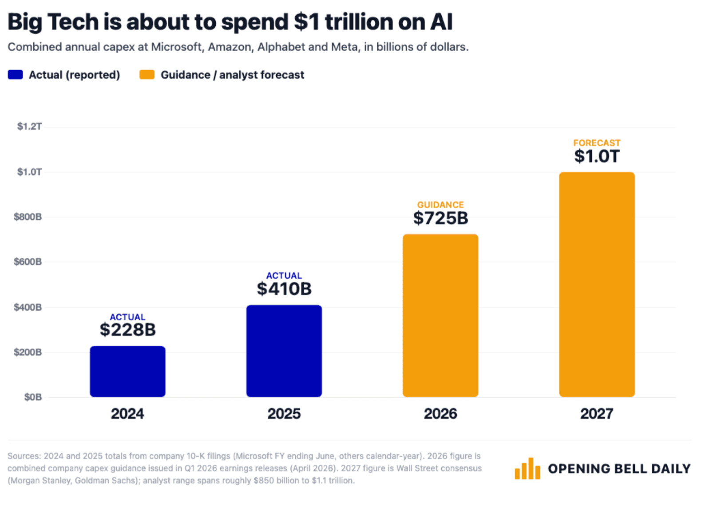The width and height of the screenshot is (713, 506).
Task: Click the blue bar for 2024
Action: click(x=128, y=372)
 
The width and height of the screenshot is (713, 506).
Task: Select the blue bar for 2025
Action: click(x=284, y=351)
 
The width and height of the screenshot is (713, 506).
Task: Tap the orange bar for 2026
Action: click(x=440, y=316)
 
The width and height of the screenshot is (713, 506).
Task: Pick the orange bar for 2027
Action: click(x=597, y=285)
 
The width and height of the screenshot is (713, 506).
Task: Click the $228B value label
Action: click(x=128, y=330)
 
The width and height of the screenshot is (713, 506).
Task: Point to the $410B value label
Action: click(x=284, y=289)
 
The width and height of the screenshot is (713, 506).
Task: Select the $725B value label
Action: click(x=440, y=218)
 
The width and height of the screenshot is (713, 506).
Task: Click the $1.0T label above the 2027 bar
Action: click(x=597, y=156)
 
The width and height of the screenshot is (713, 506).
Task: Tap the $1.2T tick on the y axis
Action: click(x=29, y=126)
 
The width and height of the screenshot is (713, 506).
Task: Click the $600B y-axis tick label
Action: click(x=28, y=262)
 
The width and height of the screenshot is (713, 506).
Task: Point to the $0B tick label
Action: click(x=33, y=397)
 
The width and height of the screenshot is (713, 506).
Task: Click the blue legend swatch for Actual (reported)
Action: click(x=15, y=75)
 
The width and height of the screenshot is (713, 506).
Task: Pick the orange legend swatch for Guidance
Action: click(x=147, y=75)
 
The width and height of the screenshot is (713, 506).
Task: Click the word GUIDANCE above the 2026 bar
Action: click(x=440, y=205)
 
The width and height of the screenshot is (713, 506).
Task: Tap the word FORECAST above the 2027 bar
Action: click(x=597, y=143)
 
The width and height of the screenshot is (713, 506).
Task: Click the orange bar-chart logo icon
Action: click(x=527, y=468)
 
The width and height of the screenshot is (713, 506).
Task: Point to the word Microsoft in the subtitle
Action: click(x=177, y=47)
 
